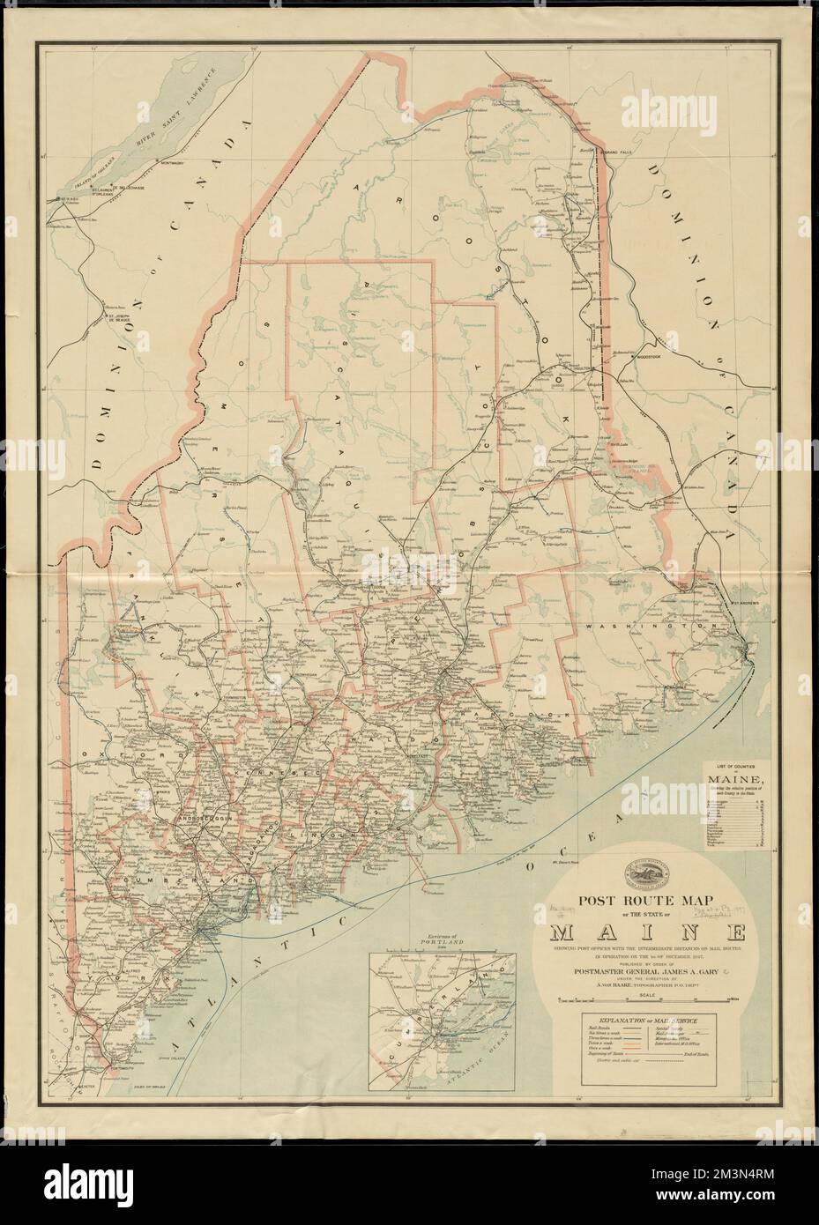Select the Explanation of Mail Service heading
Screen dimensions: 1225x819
point(648,1019)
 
